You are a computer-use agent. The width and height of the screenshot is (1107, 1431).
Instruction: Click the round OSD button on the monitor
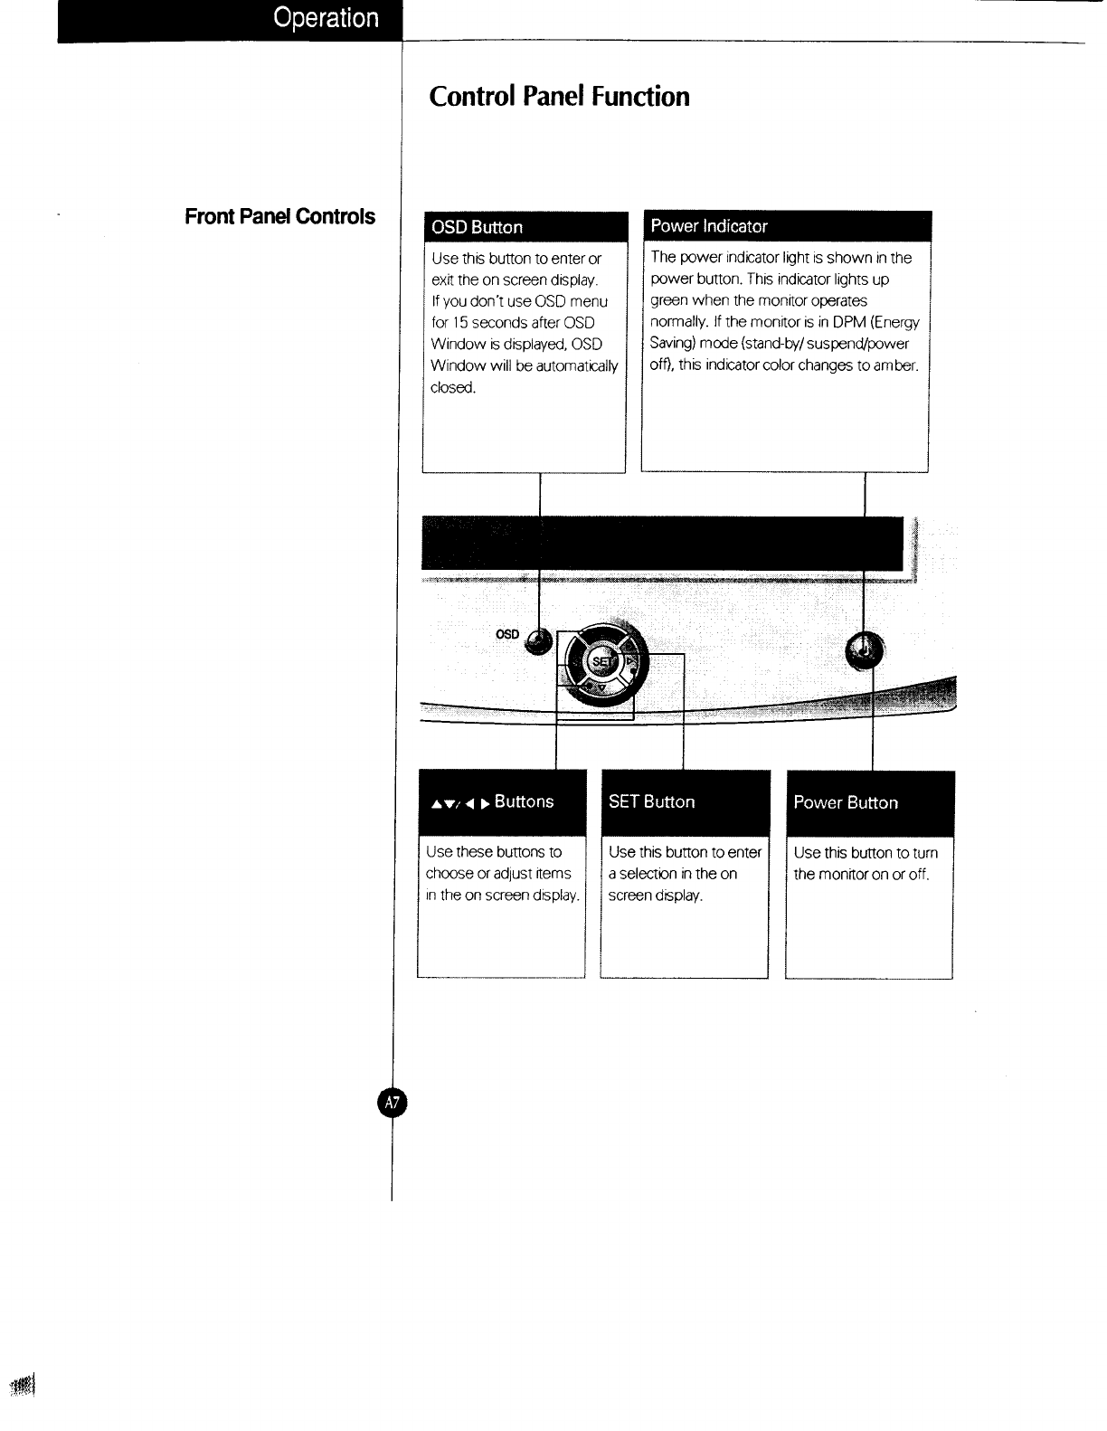[x=538, y=641]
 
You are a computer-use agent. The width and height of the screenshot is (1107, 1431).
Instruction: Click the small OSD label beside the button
[x=507, y=634]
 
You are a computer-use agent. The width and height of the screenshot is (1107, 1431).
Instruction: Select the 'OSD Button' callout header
[x=478, y=227]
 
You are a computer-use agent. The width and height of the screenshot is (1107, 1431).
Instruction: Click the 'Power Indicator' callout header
[x=709, y=226]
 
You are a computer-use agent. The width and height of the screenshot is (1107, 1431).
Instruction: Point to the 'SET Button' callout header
[x=652, y=801]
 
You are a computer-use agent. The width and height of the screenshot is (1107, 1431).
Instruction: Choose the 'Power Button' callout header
[x=846, y=802]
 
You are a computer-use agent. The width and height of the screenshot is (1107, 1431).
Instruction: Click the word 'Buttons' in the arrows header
[x=524, y=801]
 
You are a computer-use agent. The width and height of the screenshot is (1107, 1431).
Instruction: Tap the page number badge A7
[x=393, y=1102]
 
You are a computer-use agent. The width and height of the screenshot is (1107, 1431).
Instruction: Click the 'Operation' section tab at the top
[x=326, y=18]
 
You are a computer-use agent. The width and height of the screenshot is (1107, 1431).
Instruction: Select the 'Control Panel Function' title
[x=559, y=97]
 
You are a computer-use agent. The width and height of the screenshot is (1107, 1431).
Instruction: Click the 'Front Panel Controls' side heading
[x=279, y=216]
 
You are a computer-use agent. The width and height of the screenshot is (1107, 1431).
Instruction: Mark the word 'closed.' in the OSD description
[x=453, y=388]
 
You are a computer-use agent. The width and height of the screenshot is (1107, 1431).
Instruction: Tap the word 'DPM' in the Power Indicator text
[x=850, y=322]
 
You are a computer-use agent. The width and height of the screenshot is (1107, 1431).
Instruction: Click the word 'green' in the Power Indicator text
[x=669, y=300]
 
